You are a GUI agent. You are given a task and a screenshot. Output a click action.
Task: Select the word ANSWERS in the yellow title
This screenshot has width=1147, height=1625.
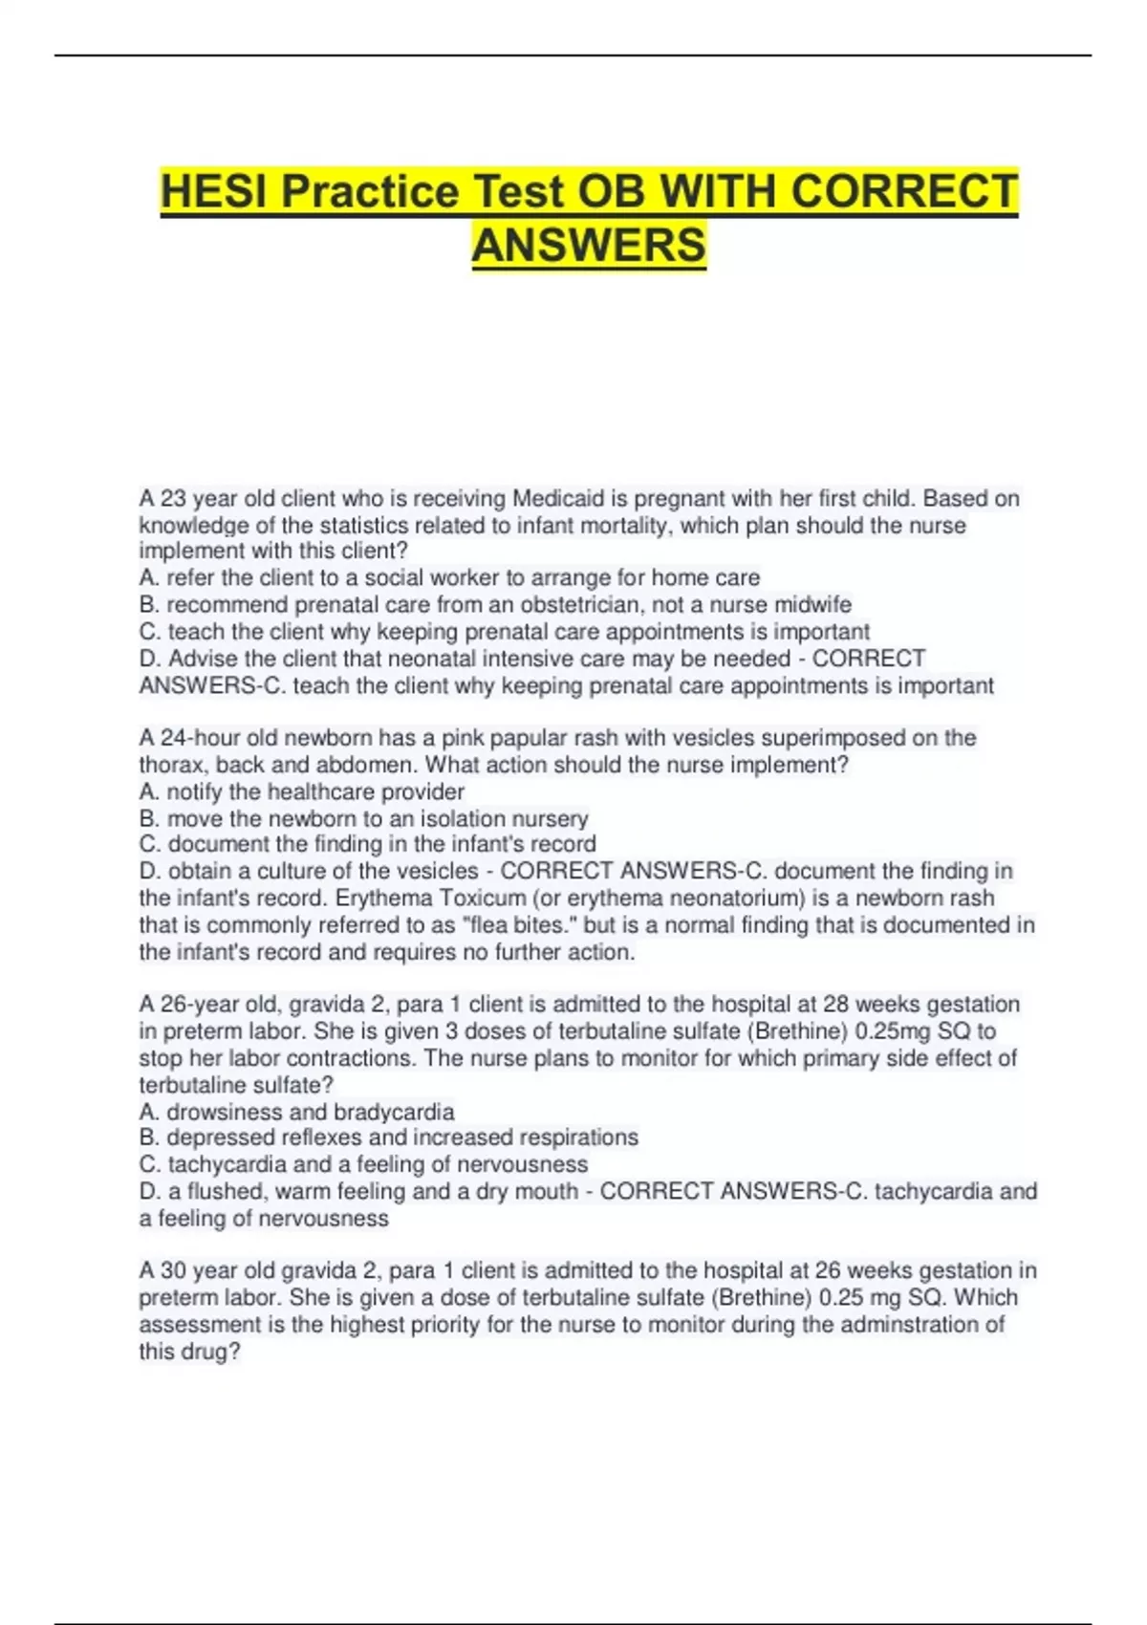pyautogui.click(x=589, y=245)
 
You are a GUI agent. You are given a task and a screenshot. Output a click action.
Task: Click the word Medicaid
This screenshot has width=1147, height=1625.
pyautogui.click(x=556, y=499)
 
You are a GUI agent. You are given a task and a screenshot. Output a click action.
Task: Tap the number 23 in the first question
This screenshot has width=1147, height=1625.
pyautogui.click(x=173, y=499)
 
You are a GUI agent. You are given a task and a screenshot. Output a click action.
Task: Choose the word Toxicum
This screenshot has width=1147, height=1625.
pyautogui.click(x=482, y=899)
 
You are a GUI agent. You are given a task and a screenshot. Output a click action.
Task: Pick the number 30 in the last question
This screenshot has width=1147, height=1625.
pyautogui.click(x=173, y=1271)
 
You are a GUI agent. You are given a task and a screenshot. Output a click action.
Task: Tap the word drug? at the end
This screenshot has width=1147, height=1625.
pyautogui.click(x=212, y=1352)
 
